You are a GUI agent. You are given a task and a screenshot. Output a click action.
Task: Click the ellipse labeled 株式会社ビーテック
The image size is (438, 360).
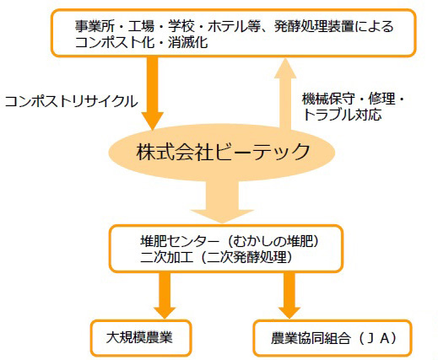[222, 152]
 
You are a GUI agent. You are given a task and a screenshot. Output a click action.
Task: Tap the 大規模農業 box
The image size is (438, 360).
[141, 338]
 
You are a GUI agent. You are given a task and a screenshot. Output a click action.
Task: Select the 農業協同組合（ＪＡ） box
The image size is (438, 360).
[333, 338]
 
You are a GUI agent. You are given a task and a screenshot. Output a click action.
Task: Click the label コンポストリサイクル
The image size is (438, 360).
[71, 101]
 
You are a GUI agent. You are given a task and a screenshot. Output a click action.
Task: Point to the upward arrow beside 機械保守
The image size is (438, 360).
[285, 94]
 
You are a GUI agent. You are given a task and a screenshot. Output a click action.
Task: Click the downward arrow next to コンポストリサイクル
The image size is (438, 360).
[153, 94]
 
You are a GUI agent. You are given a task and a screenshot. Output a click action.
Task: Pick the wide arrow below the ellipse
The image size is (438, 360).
[222, 201]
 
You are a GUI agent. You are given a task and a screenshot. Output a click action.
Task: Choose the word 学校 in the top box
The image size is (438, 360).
[181, 27]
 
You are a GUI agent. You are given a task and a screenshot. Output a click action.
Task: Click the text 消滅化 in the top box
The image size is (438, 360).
[188, 43]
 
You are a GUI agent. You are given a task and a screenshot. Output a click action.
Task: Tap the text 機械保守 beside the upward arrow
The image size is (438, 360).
[328, 99]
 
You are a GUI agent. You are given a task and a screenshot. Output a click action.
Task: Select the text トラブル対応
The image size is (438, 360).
[342, 115]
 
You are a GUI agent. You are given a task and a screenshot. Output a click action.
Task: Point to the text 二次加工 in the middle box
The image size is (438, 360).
[166, 257]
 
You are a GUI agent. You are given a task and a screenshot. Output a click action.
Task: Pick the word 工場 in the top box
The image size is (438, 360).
[141, 27]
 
